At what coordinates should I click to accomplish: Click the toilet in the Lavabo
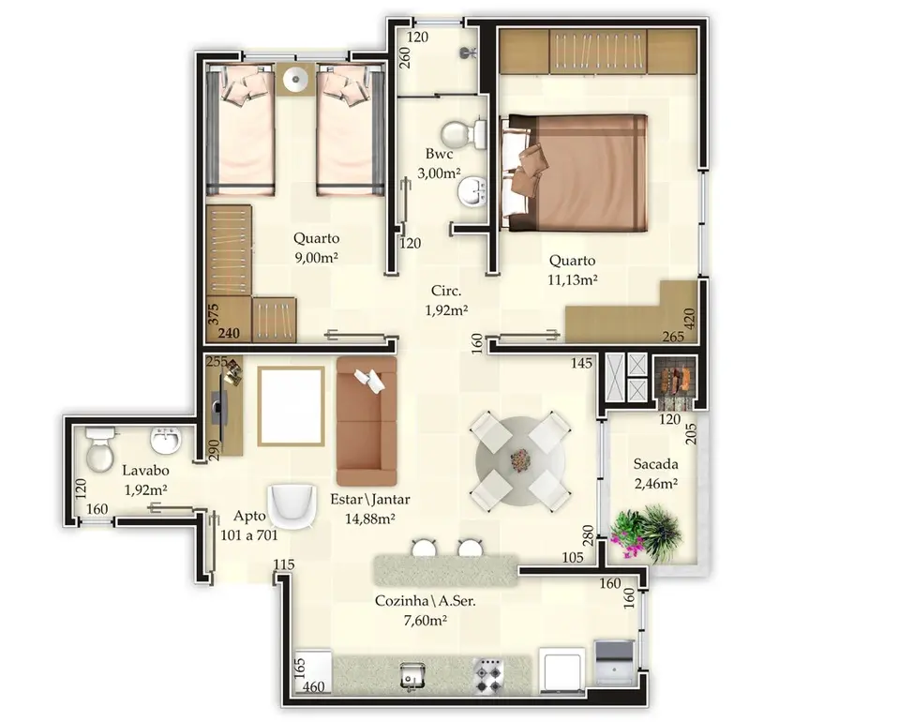click(x=99, y=448)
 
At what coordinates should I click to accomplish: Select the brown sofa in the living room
click(x=367, y=421)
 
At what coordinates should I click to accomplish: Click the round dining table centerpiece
click(x=520, y=460)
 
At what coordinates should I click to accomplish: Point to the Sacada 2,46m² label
click(x=656, y=474)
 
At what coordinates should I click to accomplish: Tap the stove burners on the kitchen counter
click(x=487, y=676)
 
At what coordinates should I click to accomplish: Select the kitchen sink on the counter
click(x=413, y=676)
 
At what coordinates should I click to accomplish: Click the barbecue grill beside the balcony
click(x=674, y=382)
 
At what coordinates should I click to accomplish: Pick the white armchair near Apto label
click(x=292, y=505)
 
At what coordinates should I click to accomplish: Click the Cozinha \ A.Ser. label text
click(x=425, y=601)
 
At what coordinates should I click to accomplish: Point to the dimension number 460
click(x=313, y=687)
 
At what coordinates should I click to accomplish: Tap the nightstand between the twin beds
click(x=296, y=79)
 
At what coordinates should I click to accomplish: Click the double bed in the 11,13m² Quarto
click(x=575, y=173)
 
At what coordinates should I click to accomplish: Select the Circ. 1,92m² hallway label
click(x=446, y=300)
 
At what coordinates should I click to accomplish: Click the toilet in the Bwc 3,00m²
click(x=463, y=133)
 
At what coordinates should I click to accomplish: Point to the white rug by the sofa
click(x=291, y=406)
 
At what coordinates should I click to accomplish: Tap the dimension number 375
click(x=213, y=314)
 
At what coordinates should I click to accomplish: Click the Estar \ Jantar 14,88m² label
click(x=370, y=508)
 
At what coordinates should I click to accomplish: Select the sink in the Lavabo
click(x=166, y=441)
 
